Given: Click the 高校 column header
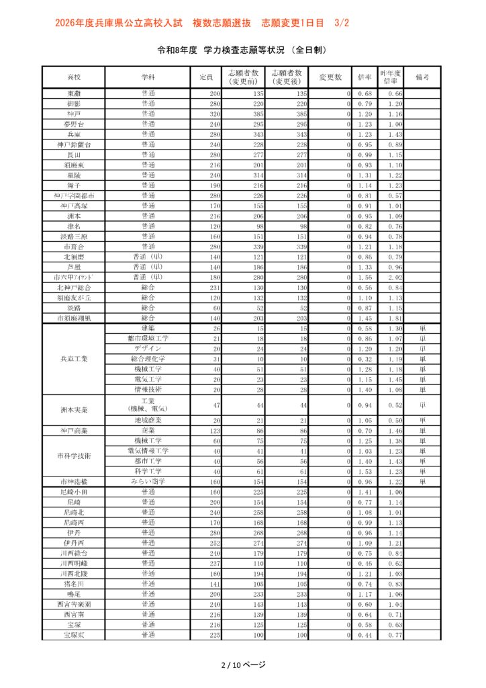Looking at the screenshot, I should coord(74,77).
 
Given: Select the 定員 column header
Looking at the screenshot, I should coord(206,77).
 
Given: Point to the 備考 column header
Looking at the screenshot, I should coord(423,77).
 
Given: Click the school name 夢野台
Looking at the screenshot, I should coord(74,124).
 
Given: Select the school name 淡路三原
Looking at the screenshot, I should coord(74,236).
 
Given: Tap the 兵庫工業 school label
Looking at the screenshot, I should coord(74,359).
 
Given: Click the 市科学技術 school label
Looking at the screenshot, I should coord(74,456).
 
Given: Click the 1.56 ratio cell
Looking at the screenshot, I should coord(365,277).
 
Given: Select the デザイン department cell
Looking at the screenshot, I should coord(148,349).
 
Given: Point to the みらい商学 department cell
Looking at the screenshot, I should coord(148,482).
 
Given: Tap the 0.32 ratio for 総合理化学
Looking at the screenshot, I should coord(365,359).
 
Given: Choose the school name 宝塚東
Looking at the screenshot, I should coord(74,635).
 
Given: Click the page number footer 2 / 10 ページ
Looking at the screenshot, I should coord(243,665).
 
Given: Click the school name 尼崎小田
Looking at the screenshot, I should coord(74,492).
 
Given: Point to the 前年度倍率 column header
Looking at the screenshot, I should coord(391,77).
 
